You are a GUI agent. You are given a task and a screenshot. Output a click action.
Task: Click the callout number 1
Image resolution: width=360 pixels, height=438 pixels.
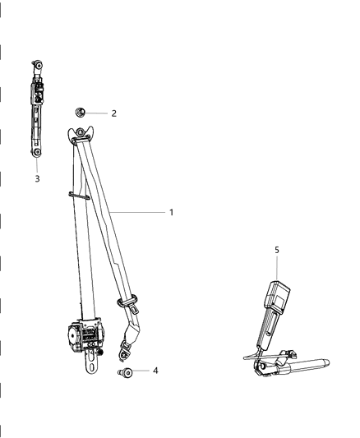pyautogui.click(x=171, y=212)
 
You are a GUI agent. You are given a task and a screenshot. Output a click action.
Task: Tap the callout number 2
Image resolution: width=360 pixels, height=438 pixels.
pyautogui.click(x=114, y=113)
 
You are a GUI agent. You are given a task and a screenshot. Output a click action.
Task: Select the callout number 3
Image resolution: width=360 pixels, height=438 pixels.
pyautogui.click(x=37, y=178)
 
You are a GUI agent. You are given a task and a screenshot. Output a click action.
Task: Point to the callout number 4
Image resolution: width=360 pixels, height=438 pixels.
pyautogui.click(x=155, y=371)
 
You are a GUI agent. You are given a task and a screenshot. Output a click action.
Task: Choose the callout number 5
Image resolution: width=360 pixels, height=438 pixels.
pyautogui.click(x=277, y=248)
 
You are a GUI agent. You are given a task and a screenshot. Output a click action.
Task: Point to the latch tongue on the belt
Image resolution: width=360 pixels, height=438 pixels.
pyautogui.click(x=132, y=306)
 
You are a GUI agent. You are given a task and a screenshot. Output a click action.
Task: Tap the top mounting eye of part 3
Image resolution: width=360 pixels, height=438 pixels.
pyautogui.click(x=37, y=64)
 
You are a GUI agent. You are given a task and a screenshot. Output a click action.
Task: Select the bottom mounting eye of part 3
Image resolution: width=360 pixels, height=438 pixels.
pyautogui.click(x=38, y=153)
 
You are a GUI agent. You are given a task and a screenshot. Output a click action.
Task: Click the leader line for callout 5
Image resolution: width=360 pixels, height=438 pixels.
pyautogui.click(x=277, y=267)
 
